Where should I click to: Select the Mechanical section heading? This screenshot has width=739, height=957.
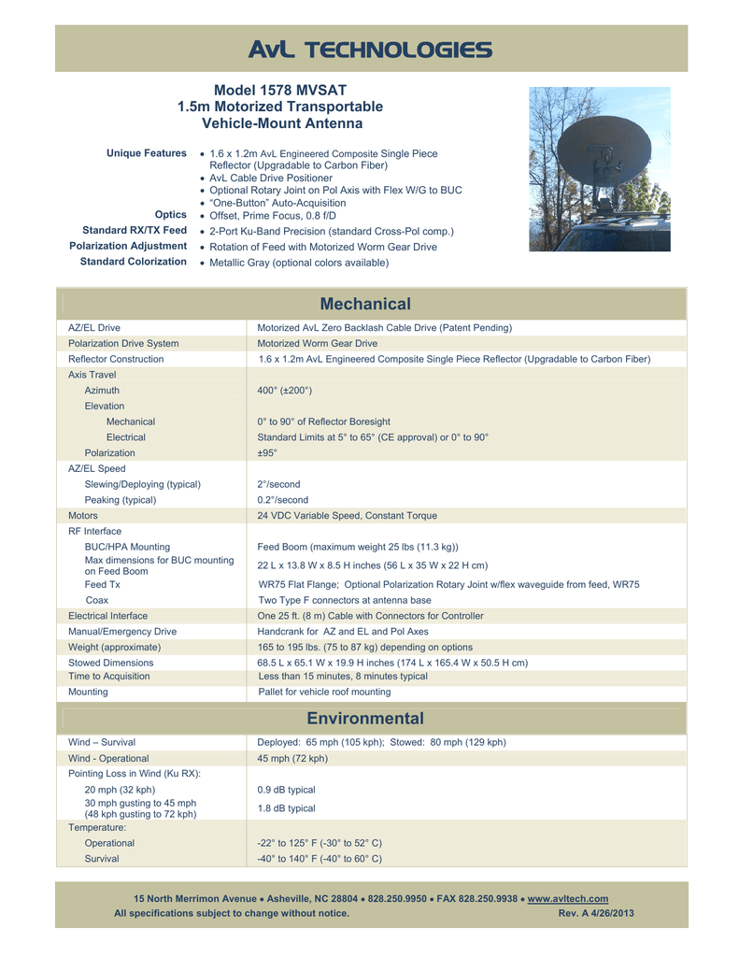tap(365, 304)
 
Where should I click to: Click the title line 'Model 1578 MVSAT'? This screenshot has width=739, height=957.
tap(280, 91)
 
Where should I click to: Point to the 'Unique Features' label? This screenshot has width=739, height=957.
tap(147, 153)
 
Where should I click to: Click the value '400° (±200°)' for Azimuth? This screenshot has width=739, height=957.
tap(284, 390)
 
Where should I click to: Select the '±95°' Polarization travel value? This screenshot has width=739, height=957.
tap(267, 452)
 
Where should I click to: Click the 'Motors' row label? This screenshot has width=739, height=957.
tap(83, 515)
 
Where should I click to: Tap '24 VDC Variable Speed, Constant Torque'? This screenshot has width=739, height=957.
tap(347, 515)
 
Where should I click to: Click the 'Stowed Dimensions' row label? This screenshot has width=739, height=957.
tap(111, 663)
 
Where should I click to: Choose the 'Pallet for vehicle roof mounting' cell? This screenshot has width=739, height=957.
tap(324, 692)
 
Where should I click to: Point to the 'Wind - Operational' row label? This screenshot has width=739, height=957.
tap(108, 758)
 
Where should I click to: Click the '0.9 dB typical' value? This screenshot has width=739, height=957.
tap(286, 790)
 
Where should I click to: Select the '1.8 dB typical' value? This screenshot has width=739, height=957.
tap(286, 808)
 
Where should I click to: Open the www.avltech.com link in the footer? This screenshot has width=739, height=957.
tap(568, 898)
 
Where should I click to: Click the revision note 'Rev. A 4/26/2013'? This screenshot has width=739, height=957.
tap(596, 913)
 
